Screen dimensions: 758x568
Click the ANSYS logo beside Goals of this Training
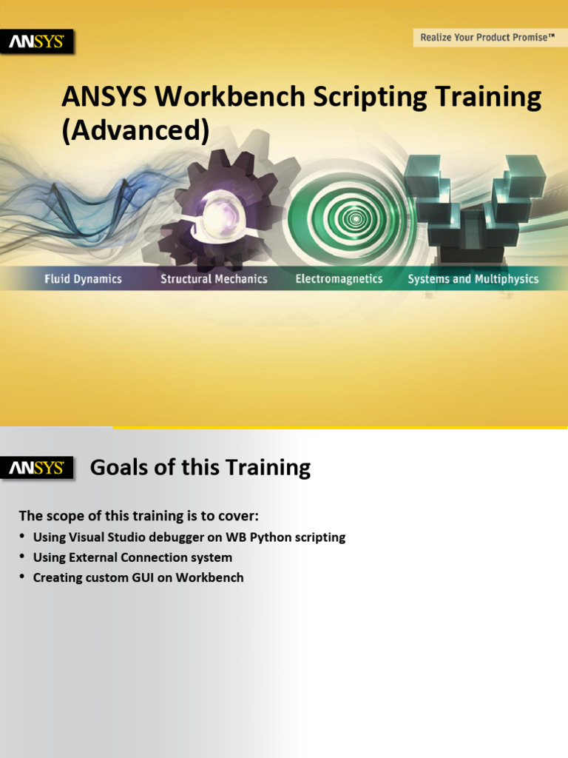pos(36,469)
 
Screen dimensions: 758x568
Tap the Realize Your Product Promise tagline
pos(487,37)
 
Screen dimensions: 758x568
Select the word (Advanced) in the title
pos(135,130)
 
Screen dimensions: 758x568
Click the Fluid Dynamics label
pos(83,279)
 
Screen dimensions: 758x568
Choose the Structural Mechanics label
pos(214,279)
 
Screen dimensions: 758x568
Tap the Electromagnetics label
pos(339,279)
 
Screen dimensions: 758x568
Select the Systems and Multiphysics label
pos(473,279)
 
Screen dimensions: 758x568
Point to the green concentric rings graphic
pos(355,217)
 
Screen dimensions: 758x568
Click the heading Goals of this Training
pos(200,468)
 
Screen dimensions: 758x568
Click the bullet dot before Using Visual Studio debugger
pos(23,536)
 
